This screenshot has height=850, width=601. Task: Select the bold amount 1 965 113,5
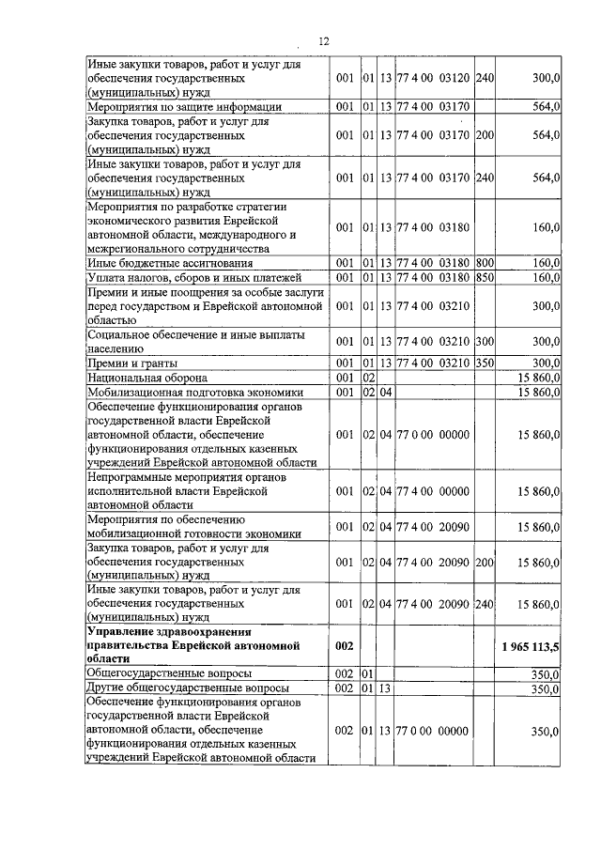tap(531, 647)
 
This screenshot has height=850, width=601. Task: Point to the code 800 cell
tap(485, 264)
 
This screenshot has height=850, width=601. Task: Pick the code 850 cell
tap(485, 278)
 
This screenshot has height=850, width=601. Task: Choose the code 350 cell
tap(485, 363)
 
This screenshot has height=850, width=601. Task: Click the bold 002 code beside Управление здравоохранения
tap(344, 647)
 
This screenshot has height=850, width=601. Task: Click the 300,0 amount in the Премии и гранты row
tap(546, 363)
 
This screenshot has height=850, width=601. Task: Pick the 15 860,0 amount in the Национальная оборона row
tap(538, 377)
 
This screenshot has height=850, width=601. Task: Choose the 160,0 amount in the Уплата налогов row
tap(546, 278)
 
